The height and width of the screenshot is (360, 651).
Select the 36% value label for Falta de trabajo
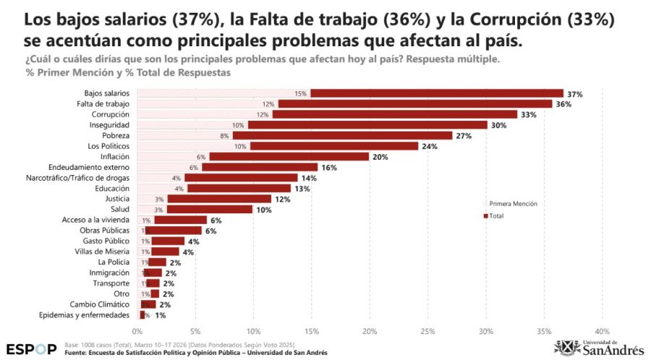point(563,104)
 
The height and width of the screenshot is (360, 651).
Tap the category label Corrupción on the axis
point(111,114)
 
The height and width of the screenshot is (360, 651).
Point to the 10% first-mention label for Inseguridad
point(238,125)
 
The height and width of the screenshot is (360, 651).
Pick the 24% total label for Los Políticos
point(430,146)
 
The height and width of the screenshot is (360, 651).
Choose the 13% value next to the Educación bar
point(302,189)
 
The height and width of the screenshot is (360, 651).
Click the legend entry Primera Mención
point(512,204)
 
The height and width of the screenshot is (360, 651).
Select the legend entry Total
point(496,215)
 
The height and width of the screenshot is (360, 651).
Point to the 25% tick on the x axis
point(427,332)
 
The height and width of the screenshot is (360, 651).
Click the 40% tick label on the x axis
point(602,332)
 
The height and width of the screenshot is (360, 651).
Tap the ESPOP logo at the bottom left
point(30,348)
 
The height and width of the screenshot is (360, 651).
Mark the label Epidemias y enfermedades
point(85,315)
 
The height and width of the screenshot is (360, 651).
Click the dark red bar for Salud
point(209,209)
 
